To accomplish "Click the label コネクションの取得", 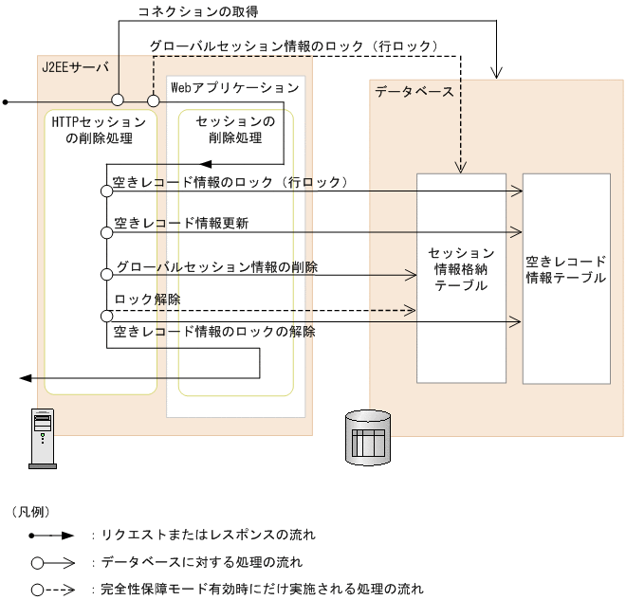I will tap(196, 13).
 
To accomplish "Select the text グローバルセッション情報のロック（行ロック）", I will tap(293, 45).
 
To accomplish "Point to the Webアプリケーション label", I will tap(234, 87).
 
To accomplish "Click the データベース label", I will tap(414, 92).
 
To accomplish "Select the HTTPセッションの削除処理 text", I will tap(99, 131).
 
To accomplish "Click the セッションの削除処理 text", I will tap(235, 130).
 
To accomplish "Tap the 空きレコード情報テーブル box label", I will tap(566, 269).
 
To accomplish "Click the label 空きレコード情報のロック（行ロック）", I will tap(231, 181).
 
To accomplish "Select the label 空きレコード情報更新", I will tap(181, 224).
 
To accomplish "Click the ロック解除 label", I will tap(147, 300).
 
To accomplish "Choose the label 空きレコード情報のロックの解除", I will tap(214, 332).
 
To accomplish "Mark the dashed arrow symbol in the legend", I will tap(57, 589).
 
